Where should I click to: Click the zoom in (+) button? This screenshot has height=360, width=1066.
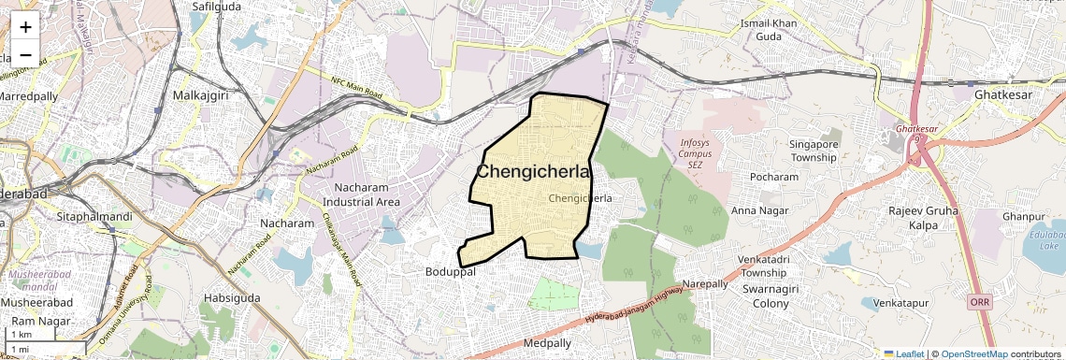[x=25, y=27]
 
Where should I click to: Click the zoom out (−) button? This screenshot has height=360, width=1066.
[x=25, y=54]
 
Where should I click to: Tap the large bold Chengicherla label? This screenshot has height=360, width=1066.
[x=533, y=172]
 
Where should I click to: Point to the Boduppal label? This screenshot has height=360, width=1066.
[x=451, y=272]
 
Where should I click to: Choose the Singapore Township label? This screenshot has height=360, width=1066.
[x=813, y=151]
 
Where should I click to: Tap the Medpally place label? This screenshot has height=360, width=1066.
[x=547, y=343]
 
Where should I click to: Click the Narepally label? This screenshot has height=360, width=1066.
[x=705, y=283]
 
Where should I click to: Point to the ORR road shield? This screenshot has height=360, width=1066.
[x=980, y=303]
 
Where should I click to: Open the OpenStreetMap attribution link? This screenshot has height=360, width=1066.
[x=974, y=353]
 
